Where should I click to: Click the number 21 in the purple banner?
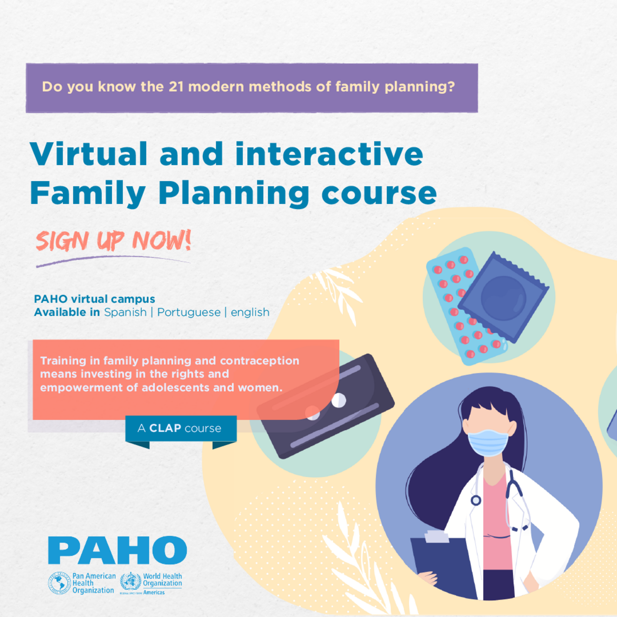point(176,87)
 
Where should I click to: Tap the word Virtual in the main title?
point(89,154)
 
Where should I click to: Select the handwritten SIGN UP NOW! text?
point(113,241)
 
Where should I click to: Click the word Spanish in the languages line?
point(125,312)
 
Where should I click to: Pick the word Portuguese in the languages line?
point(189,312)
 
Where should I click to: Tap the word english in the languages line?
point(250,312)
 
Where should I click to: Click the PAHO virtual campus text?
point(94,299)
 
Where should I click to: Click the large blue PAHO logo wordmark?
point(117,550)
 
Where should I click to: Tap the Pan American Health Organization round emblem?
point(59,583)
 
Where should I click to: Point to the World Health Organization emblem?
point(130,582)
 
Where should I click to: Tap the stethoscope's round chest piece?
point(476,500)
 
